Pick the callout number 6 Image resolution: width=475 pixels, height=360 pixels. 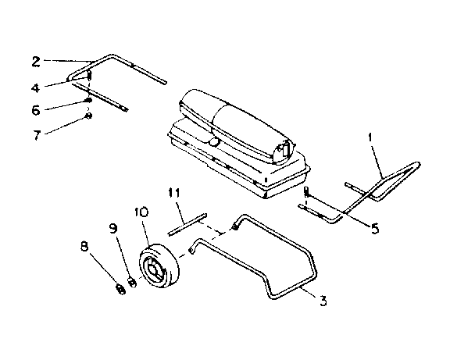click(x=36, y=111)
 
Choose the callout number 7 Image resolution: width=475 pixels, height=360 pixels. click(x=36, y=134)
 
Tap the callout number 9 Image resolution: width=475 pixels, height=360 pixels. click(x=113, y=229)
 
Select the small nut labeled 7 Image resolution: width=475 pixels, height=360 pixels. click(x=88, y=117)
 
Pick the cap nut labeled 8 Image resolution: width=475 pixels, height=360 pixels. click(x=120, y=290)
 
